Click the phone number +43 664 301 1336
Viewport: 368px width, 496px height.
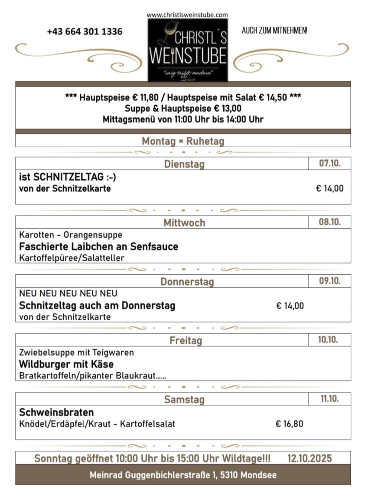85,32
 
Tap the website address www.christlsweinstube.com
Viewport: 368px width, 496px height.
187,15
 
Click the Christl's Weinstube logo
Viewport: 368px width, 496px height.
188,50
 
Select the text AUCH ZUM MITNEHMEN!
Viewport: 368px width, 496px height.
274,31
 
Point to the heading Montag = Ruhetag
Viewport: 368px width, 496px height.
183,141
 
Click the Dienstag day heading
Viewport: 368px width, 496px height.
184,164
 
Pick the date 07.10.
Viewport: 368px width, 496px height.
330,163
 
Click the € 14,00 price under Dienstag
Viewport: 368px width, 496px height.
330,189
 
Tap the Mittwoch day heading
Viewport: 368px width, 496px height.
184,223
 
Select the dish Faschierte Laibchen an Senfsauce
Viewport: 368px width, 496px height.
99,246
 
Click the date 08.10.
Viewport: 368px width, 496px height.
330,222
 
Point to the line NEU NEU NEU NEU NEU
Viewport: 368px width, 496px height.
68,293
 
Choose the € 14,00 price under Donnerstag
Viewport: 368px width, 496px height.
290,306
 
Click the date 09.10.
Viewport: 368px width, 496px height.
330,281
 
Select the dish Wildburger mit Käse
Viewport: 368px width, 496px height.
66,364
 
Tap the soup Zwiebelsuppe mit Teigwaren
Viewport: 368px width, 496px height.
77,352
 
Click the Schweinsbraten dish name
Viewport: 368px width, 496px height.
56,412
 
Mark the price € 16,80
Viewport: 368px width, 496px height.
289,424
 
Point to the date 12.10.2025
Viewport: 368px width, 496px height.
309,458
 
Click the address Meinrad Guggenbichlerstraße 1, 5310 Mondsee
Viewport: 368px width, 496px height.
183,475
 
